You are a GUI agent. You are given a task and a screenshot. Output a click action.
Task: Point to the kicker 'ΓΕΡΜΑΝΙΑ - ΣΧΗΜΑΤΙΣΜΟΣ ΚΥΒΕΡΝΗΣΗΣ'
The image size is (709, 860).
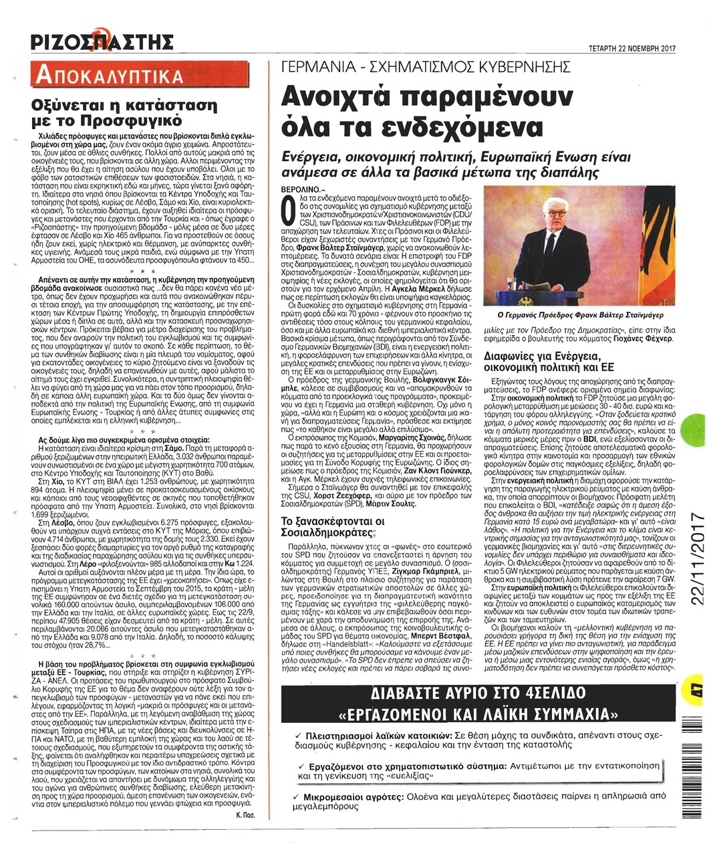(427, 68)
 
